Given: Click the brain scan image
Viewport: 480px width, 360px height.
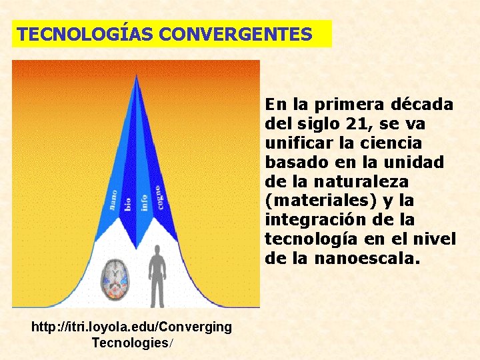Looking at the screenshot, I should click(117, 279).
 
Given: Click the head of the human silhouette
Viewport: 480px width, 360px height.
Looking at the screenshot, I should click(158, 251).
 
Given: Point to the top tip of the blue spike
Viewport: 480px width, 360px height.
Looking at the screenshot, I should click(136, 76).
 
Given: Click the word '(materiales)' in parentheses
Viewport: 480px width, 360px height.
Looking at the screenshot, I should click(315, 200).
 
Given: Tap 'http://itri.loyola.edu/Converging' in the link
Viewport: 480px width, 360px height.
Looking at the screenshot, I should click(132, 327).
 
